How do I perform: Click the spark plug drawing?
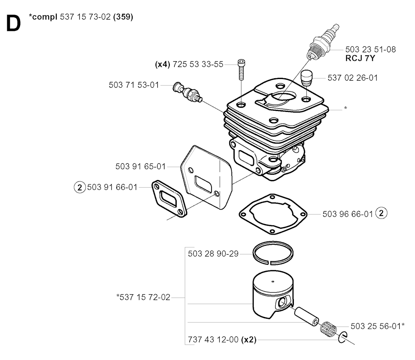click(x=321, y=45)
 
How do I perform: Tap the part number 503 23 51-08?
click(x=370, y=49)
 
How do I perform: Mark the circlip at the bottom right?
click(x=343, y=336)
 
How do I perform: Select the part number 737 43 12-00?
click(x=213, y=340)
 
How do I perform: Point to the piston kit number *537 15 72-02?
click(x=143, y=298)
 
